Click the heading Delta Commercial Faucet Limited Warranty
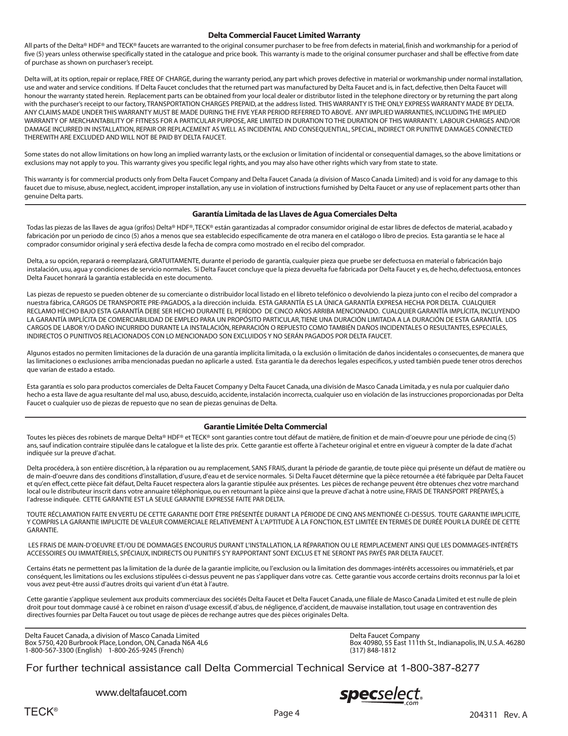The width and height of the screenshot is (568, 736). point(284,35)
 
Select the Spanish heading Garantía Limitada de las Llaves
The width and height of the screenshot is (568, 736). point(294,214)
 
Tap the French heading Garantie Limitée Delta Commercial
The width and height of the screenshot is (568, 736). point(265,427)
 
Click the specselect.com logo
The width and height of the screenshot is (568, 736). point(381,695)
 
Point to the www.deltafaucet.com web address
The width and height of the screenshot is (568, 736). point(142,693)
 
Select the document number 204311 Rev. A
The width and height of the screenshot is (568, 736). point(498,715)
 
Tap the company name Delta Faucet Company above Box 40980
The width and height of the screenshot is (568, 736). point(384,635)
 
